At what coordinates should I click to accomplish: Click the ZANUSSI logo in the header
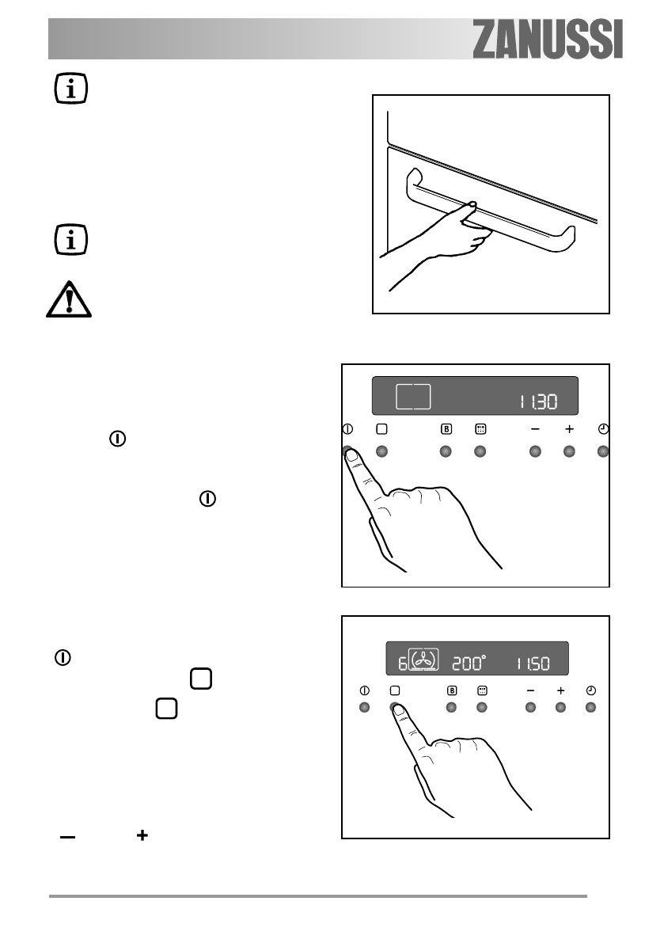(548, 39)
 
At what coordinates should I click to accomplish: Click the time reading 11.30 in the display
(538, 401)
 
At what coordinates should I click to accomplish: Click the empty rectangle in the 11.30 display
(413, 397)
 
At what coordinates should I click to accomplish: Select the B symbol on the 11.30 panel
(446, 429)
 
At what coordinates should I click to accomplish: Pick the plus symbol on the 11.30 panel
(568, 429)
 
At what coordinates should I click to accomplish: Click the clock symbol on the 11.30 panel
(603, 429)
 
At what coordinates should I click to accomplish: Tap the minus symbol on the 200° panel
(530, 690)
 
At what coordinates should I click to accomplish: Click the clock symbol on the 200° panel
(590, 690)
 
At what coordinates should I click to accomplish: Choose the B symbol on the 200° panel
(452, 690)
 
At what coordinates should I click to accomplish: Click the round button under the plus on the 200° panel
(561, 707)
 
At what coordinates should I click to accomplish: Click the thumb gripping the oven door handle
(469, 207)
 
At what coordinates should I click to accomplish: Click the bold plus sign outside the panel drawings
(142, 835)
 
